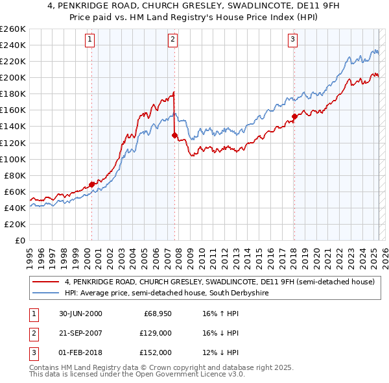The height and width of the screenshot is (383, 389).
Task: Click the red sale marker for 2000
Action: click(x=92, y=184)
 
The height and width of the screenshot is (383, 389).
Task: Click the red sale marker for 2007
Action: click(x=174, y=135)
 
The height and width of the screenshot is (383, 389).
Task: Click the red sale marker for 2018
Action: click(x=294, y=116)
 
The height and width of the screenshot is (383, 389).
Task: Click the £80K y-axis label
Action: click(x=15, y=175)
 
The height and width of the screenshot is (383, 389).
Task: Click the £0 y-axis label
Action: click(x=20, y=240)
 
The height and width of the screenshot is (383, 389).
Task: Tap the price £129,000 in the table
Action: click(x=155, y=333)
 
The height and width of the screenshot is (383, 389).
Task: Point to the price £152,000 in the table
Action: click(x=155, y=352)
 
